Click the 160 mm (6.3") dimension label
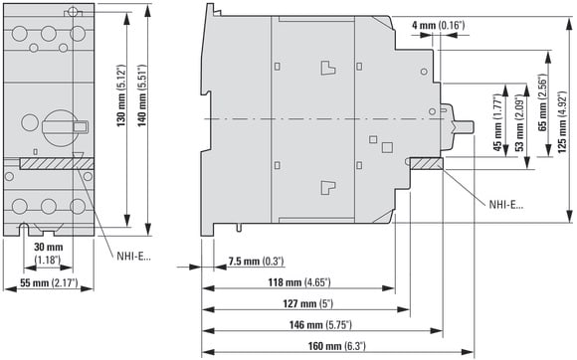(336, 346)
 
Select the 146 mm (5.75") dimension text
(320, 325)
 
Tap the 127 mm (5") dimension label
(307, 303)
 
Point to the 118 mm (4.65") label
(299, 282)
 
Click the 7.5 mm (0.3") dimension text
(256, 262)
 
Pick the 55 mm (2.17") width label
(49, 283)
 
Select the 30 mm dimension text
(48, 247)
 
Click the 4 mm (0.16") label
(438, 26)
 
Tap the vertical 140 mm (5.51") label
(142, 95)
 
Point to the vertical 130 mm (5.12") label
(121, 95)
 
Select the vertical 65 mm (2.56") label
(542, 103)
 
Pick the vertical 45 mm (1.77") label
(497, 123)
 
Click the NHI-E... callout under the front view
(133, 257)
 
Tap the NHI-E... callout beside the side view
(505, 205)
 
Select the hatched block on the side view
(427, 164)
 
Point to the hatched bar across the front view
(57, 164)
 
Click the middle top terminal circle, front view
(48, 34)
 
